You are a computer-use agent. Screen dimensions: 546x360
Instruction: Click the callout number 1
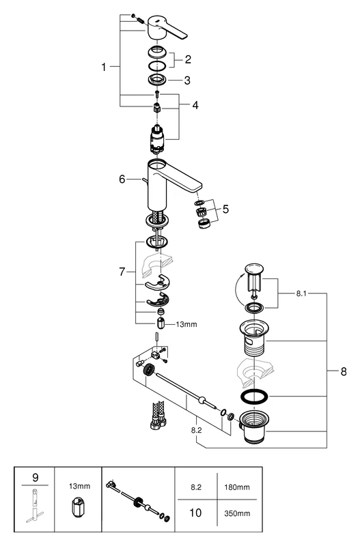(104, 67)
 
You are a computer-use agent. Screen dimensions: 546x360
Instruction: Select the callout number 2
(187, 59)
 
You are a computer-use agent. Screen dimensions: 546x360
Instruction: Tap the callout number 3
(187, 81)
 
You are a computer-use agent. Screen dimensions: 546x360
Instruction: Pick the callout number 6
(122, 179)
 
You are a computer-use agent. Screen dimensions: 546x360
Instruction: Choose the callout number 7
(123, 272)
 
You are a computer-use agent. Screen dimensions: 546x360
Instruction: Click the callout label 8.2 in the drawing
(195, 431)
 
